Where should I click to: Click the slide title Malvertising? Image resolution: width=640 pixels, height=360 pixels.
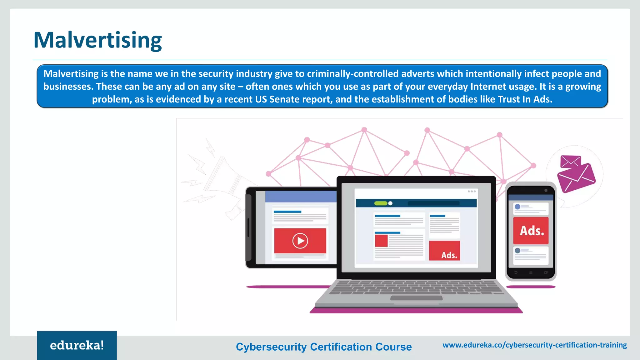[97, 40]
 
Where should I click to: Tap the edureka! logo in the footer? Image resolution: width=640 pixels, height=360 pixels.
[77, 345]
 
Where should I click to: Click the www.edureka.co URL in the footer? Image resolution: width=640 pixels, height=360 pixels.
[534, 345]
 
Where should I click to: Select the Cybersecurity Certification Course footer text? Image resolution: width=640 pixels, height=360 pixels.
[324, 347]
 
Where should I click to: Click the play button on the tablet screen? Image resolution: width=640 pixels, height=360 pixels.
[300, 241]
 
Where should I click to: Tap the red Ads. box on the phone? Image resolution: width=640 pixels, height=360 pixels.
[531, 231]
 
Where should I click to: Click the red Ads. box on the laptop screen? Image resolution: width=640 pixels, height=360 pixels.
[444, 251]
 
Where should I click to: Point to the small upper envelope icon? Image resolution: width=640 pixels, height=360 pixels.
[570, 162]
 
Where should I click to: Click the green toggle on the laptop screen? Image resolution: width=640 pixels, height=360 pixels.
[381, 203]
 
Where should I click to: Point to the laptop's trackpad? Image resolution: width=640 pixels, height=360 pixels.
[416, 298]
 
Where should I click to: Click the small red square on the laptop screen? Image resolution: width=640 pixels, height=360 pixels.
[381, 241]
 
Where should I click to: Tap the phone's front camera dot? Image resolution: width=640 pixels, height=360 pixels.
[546, 190]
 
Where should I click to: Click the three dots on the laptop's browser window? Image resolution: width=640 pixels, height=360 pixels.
[472, 191]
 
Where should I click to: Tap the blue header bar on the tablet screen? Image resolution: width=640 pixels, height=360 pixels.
[301, 197]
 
